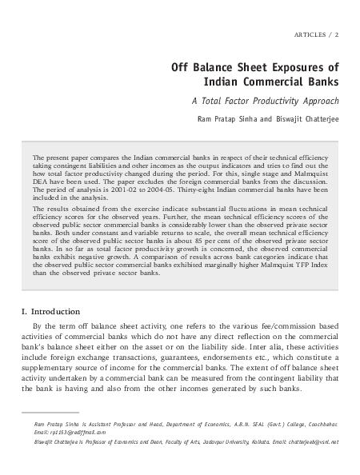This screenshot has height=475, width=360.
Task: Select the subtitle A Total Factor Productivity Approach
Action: point(265,102)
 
